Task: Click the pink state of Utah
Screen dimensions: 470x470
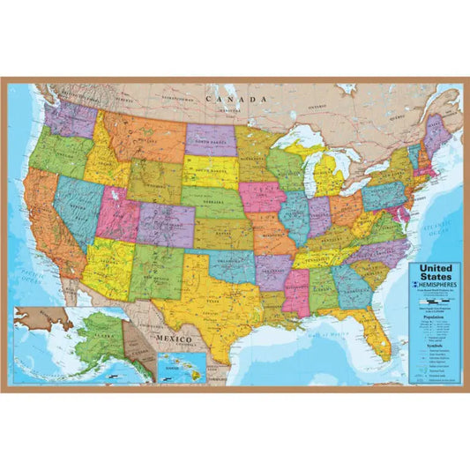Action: (x=116, y=212)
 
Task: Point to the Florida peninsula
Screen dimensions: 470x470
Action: (x=380, y=331)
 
